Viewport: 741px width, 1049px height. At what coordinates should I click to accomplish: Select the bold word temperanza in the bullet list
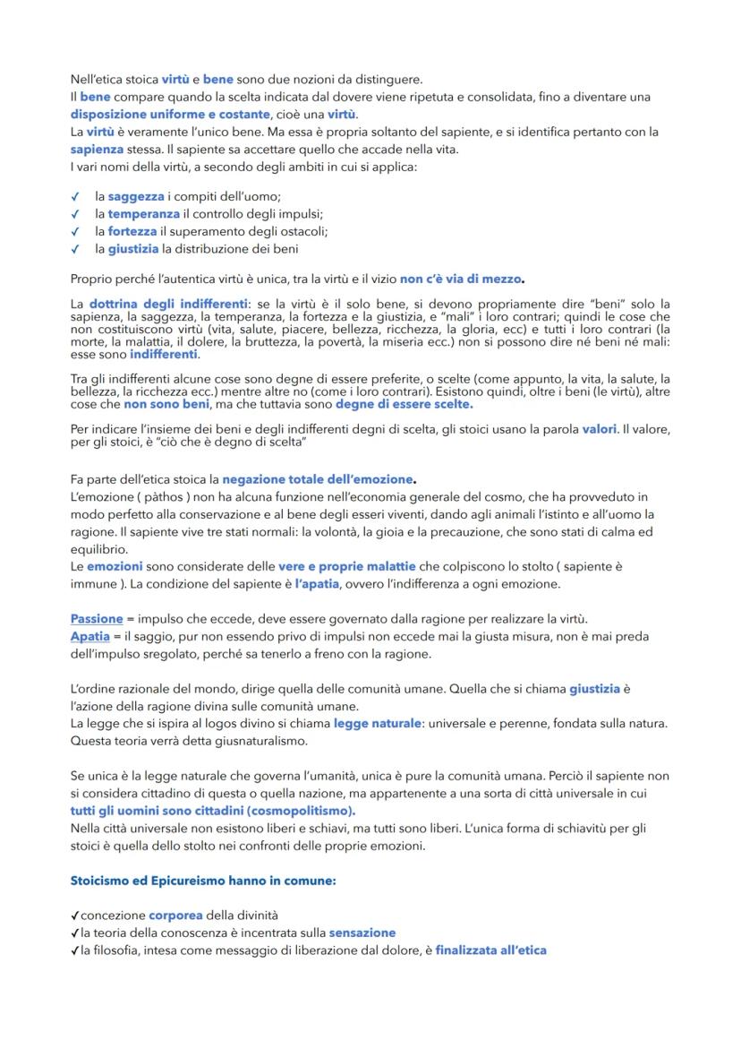(143, 213)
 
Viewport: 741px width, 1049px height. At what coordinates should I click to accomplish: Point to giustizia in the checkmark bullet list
(133, 248)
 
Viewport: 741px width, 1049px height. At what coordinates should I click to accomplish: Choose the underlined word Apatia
(89, 636)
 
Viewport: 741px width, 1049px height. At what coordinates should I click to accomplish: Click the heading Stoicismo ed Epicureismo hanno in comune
(203, 881)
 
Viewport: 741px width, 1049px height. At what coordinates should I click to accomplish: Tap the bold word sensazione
(362, 933)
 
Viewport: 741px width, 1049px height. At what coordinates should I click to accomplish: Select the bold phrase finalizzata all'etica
(490, 950)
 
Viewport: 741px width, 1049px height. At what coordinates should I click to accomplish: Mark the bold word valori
(599, 429)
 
